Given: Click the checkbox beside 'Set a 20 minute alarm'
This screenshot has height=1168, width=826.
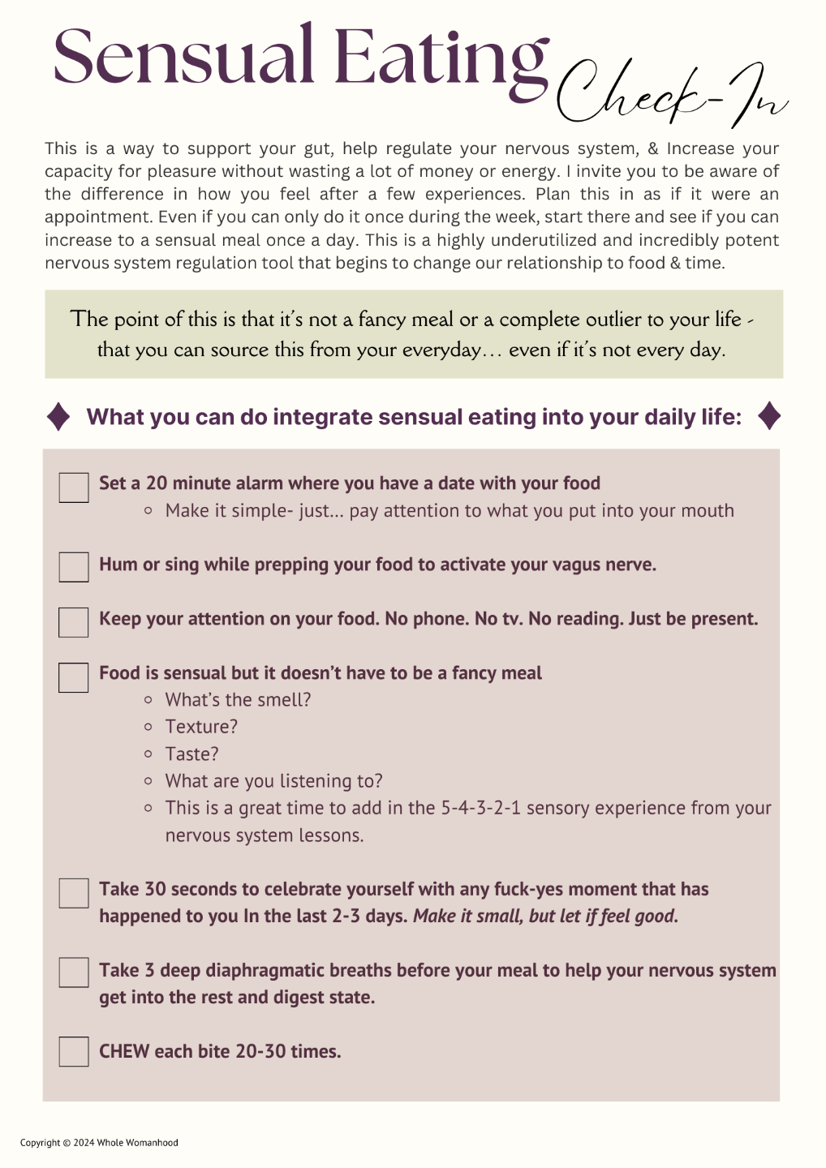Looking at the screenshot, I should (74, 487).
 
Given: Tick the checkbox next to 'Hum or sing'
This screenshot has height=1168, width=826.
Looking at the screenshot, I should (74, 567).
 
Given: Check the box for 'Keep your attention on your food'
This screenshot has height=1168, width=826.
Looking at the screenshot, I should (74, 622).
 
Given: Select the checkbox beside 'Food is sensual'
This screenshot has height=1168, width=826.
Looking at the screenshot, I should (74, 677).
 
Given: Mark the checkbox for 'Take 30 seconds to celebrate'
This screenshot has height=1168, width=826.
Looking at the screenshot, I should (74, 893).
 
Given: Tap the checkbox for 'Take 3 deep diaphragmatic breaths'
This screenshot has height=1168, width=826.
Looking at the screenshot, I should (74, 973).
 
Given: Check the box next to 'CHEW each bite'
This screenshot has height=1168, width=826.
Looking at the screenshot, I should (74, 1051).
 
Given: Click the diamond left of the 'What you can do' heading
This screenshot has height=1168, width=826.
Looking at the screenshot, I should (58, 416).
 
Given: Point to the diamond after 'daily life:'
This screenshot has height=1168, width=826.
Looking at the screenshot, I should (768, 416).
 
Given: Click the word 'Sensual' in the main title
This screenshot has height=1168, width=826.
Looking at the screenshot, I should (183, 57).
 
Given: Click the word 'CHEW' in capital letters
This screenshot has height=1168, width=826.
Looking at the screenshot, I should (124, 1051).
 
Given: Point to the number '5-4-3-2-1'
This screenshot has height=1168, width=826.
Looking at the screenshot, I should (480, 808).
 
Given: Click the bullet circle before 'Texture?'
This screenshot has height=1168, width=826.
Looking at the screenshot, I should (148, 727).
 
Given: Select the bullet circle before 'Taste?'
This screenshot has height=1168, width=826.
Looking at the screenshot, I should (148, 754).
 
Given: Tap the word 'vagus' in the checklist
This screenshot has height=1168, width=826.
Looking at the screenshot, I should (576, 565).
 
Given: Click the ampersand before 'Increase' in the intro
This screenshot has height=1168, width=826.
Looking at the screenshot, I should (653, 148).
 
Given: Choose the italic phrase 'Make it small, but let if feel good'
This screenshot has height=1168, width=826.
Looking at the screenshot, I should (544, 916).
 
